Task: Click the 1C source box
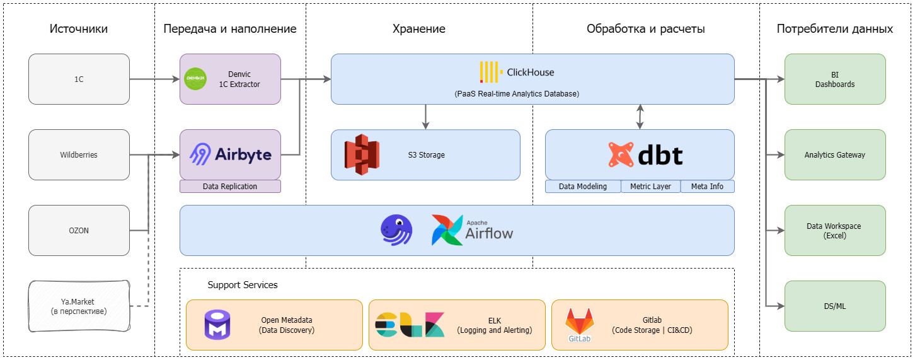pyautogui.click(x=79, y=79)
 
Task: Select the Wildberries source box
pyautogui.click(x=79, y=154)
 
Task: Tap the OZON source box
pyautogui.click(x=79, y=230)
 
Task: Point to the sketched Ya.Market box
pyautogui.click(x=79, y=306)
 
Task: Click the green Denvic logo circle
pyautogui.click(x=195, y=79)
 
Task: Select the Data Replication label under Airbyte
pyautogui.click(x=230, y=187)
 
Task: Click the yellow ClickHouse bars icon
pyautogui.click(x=490, y=72)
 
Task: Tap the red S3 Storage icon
pyautogui.click(x=362, y=154)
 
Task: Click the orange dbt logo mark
pyautogui.click(x=621, y=154)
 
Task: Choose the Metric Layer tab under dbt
pyautogui.click(x=650, y=187)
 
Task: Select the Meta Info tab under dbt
pyautogui.click(x=707, y=187)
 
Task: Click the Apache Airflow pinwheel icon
pyautogui.click(x=447, y=230)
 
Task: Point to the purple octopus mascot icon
pyautogui.click(x=396, y=229)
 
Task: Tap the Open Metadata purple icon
pyautogui.click(x=218, y=325)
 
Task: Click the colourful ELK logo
pyautogui.click(x=410, y=324)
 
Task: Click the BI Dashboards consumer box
pyautogui.click(x=835, y=79)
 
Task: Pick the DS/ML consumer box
pyautogui.click(x=835, y=306)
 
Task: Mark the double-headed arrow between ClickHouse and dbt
pyautogui.click(x=640, y=117)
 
